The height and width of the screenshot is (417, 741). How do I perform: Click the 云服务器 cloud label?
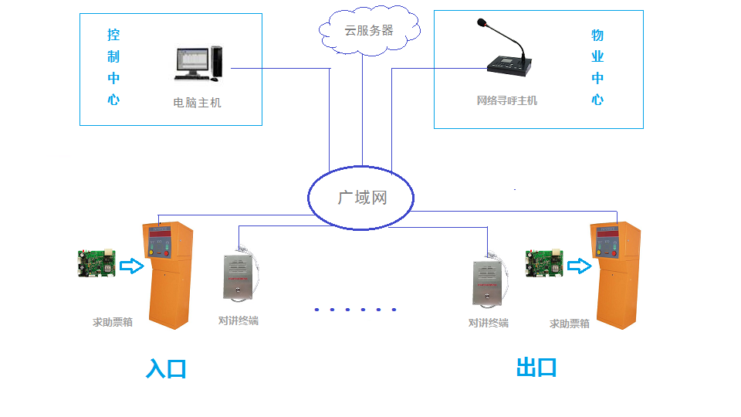(x=368, y=31)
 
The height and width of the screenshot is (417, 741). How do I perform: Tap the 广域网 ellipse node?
(x=361, y=198)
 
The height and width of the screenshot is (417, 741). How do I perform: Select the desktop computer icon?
(x=198, y=63)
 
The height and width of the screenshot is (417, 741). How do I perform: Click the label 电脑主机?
(x=197, y=102)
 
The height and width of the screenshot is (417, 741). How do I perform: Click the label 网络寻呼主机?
(x=506, y=100)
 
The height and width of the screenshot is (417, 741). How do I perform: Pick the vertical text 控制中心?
(x=113, y=67)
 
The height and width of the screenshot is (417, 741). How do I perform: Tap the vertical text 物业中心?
(x=597, y=67)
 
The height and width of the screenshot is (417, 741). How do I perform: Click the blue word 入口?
(x=166, y=368)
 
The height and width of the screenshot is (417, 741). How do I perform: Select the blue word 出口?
(x=536, y=368)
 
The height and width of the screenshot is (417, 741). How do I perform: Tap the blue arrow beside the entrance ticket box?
(x=132, y=266)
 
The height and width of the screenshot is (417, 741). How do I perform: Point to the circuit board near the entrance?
(x=96, y=263)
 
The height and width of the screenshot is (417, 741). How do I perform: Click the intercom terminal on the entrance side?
(x=238, y=277)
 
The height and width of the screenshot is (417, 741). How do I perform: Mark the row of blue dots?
(x=355, y=310)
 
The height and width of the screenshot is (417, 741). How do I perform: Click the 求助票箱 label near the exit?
(x=569, y=324)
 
